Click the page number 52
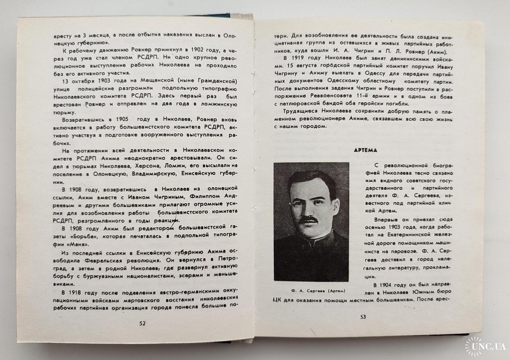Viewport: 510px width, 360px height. [x=142, y=323]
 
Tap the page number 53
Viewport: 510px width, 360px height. [x=363, y=317]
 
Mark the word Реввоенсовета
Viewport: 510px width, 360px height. [x=328, y=96]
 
